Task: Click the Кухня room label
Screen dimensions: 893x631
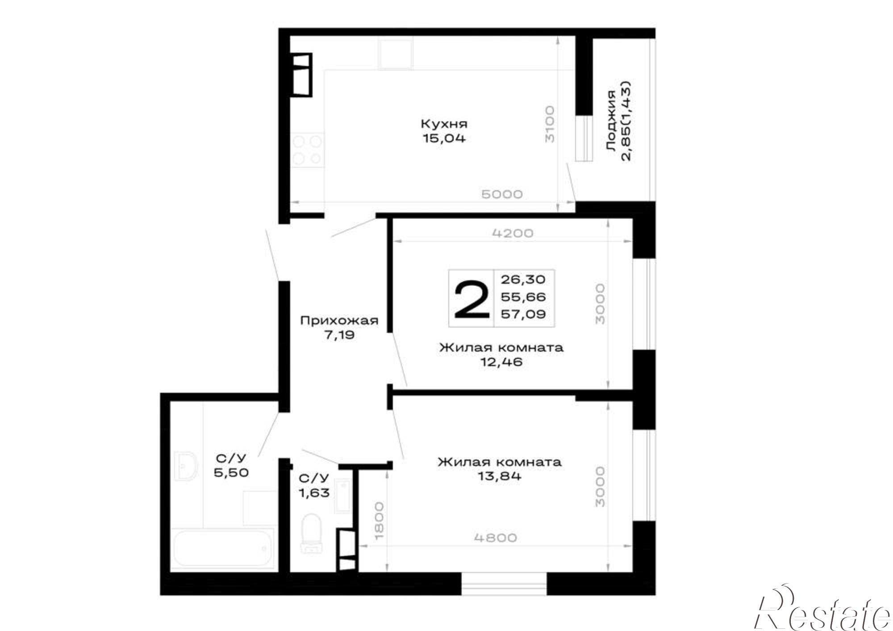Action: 444,123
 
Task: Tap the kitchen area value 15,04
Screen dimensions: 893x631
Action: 444,138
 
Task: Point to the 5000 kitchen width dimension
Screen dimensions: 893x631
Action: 502,194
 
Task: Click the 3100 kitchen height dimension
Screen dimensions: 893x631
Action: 550,124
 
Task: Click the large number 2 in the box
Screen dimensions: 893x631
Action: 472,299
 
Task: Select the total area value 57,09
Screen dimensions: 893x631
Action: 523,314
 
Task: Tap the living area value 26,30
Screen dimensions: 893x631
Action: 523,280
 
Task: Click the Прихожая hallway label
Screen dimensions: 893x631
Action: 339,320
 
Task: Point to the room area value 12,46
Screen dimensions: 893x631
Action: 501,362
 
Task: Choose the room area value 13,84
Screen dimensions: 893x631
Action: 500,476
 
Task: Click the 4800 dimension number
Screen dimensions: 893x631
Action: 496,538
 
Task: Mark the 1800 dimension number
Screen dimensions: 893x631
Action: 379,520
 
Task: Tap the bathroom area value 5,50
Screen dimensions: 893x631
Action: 231,472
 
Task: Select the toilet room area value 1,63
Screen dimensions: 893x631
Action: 314,493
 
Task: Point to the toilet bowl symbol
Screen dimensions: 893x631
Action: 311,533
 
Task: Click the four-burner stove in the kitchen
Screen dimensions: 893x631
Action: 308,150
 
